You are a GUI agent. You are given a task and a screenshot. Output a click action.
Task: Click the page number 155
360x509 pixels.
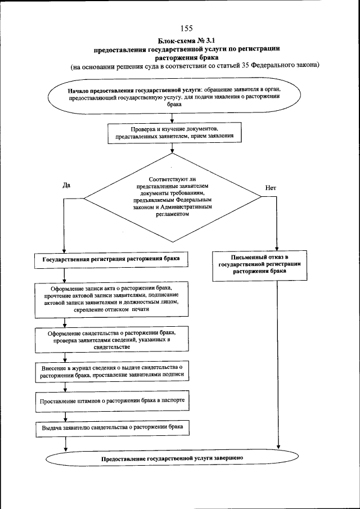click(187, 29)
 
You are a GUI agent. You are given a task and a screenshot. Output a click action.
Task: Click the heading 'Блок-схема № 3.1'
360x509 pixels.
click(187, 40)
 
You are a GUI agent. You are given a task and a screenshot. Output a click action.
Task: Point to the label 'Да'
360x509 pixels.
click(66, 187)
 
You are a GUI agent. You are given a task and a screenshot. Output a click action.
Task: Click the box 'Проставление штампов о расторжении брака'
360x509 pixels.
click(112, 402)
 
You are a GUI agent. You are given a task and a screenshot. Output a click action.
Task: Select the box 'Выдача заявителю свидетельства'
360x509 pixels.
click(112, 428)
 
